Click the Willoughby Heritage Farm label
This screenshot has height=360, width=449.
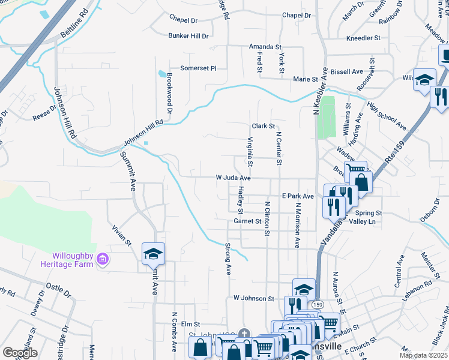pos(67,259)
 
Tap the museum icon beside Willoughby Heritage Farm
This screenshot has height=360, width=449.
pos(103,259)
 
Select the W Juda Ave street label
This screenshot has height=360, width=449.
pos(233,178)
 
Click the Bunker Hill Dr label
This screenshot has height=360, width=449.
pos(188,36)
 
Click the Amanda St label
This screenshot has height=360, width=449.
pos(265,47)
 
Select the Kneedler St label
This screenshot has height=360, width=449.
pos(363,38)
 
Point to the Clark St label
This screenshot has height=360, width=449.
pos(263,126)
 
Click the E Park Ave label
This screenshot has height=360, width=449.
pos(298,196)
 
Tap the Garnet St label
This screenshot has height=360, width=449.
pos(247,221)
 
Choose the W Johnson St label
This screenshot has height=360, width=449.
pos(253,298)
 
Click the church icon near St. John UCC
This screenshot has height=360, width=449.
pos(243,334)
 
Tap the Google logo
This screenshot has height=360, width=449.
pos(20,352)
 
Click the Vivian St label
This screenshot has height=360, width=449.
pos(121,235)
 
